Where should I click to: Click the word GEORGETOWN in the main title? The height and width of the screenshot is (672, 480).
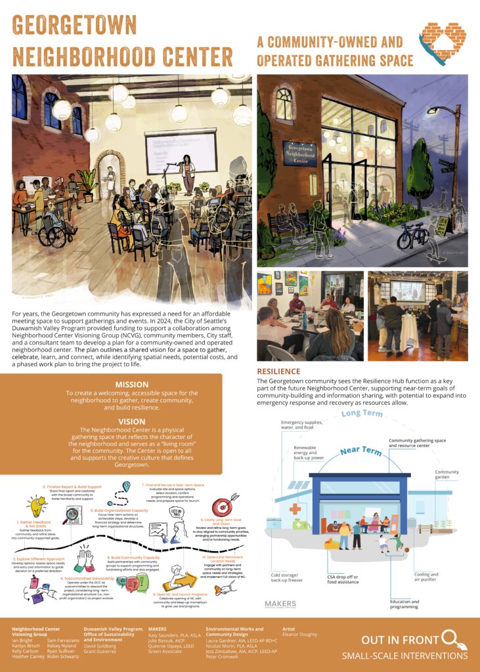pos(74,26)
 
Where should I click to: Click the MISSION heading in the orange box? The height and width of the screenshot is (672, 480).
pos(132,385)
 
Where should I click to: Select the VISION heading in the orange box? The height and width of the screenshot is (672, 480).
pos(132,421)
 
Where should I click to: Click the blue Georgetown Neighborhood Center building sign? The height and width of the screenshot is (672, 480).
pos(299,153)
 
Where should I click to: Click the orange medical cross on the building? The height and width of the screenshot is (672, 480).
pos(295,510)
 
